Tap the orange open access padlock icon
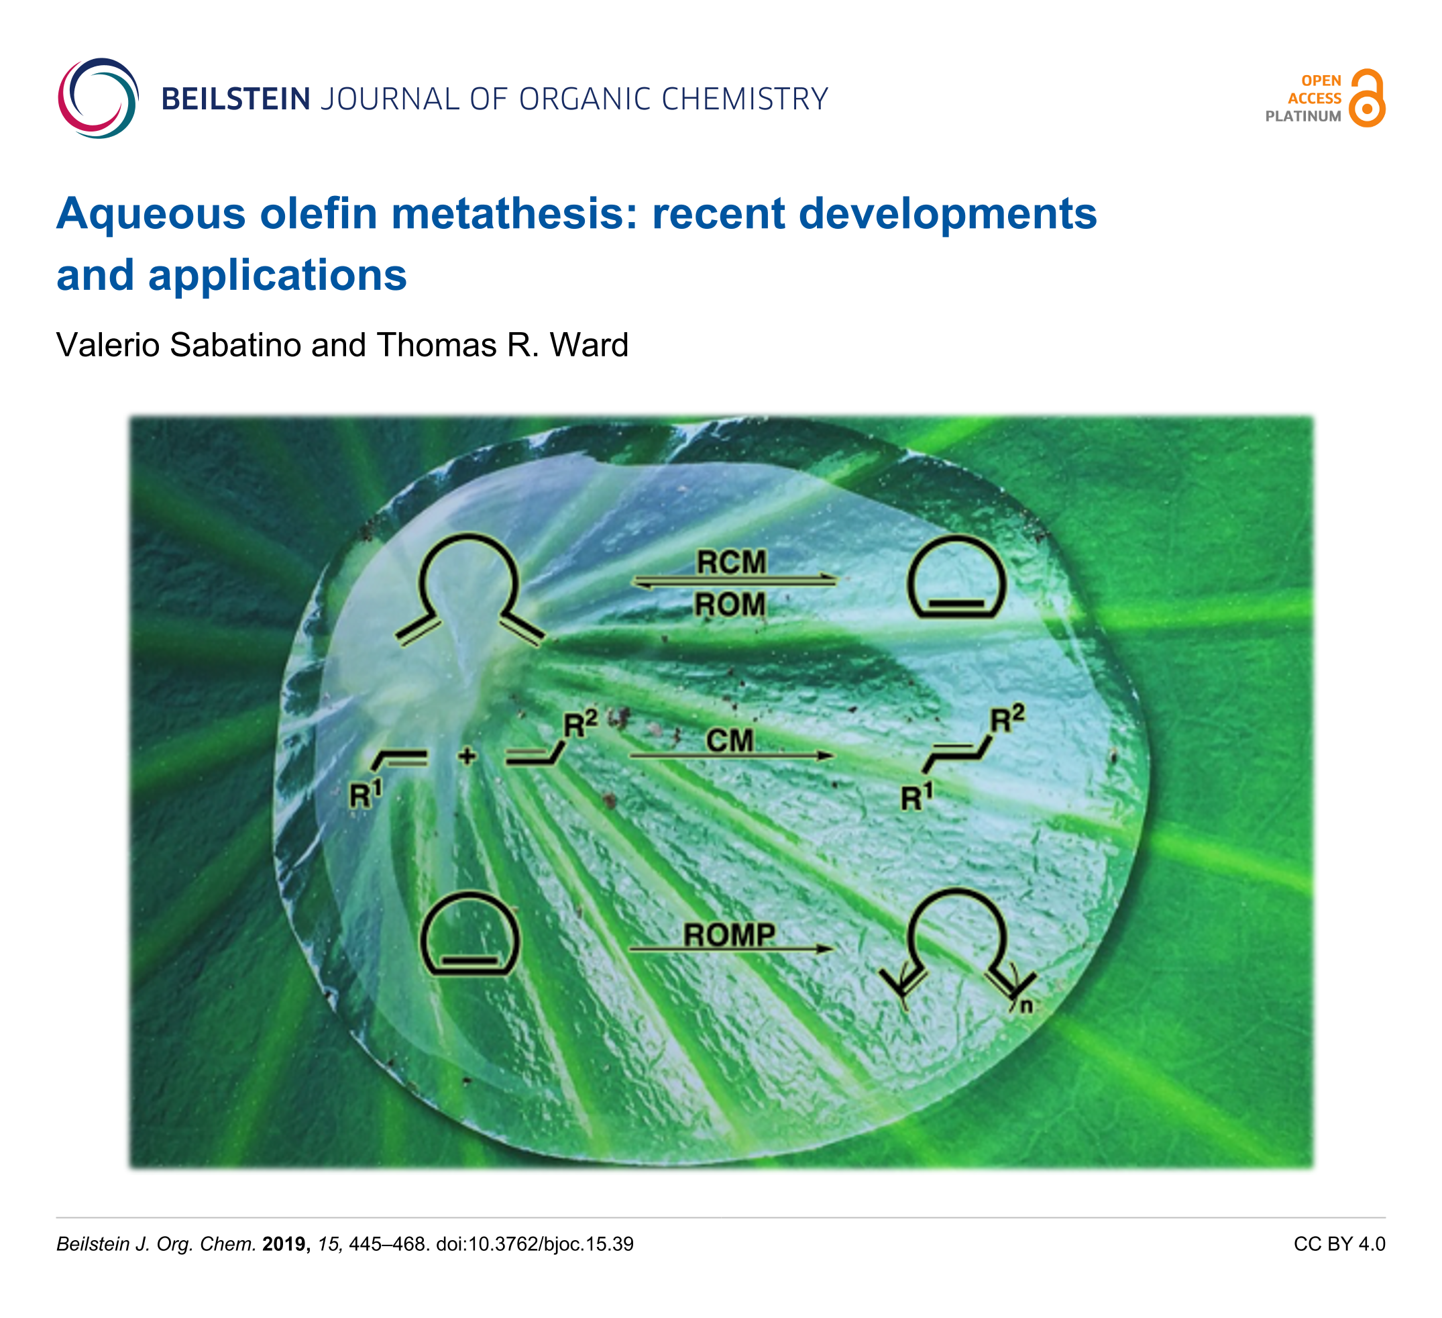point(1367,98)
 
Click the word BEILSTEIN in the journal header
point(236,99)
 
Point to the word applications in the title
point(278,275)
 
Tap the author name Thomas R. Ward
point(502,345)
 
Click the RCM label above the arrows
point(732,562)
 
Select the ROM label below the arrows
point(730,605)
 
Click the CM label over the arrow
point(730,741)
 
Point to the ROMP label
point(730,934)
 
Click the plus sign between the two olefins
point(467,756)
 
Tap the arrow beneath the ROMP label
point(731,950)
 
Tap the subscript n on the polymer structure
point(1026,1006)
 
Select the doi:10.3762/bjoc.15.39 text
point(535,1244)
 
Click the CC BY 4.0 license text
point(1339,1244)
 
